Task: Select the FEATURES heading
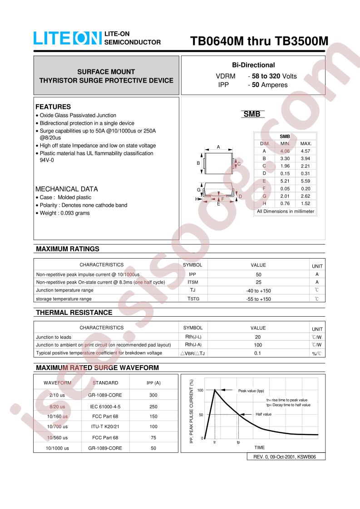53,107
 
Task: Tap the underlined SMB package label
252,114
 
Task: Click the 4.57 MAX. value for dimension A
306,151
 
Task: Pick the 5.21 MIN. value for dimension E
285,181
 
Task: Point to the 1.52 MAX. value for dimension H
306,204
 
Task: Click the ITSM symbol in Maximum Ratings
192,282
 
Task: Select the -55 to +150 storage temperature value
258,299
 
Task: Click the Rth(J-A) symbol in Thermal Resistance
192,345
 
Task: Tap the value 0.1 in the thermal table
258,353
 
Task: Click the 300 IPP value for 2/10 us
153,395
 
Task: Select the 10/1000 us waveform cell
57,448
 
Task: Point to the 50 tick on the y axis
201,415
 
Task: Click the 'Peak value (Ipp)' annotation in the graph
251,391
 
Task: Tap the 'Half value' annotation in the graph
263,414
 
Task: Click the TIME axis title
259,448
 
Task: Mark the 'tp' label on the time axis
238,442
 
